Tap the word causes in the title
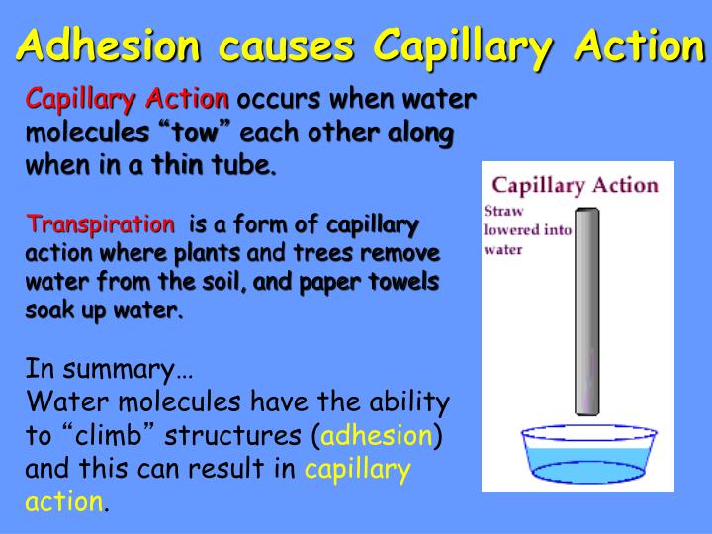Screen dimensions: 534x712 [x=287, y=45]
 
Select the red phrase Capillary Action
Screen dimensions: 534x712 [x=127, y=99]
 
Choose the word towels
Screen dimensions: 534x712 [x=400, y=281]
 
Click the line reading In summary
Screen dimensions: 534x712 [x=109, y=370]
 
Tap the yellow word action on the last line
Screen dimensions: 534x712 [x=63, y=502]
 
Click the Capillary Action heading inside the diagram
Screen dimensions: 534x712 [x=575, y=185]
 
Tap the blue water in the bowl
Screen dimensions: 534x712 [x=586, y=458]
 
